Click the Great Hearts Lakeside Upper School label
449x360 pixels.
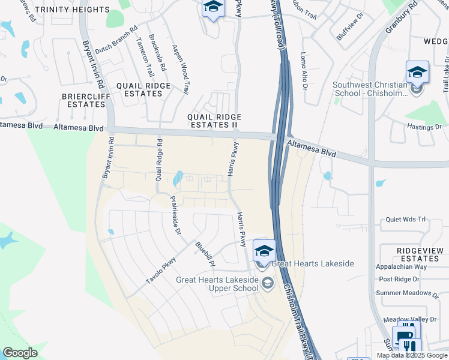pyautogui.click(x=217, y=284)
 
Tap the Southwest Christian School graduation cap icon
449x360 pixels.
pyautogui.click(x=417, y=73)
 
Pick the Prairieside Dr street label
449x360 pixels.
pyautogui.click(x=175, y=215)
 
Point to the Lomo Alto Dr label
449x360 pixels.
pyautogui.click(x=304, y=71)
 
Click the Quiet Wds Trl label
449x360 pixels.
pyautogui.click(x=405, y=220)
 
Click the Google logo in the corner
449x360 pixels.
pyautogui.click(x=20, y=353)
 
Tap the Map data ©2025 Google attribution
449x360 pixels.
pyautogui.click(x=411, y=355)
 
